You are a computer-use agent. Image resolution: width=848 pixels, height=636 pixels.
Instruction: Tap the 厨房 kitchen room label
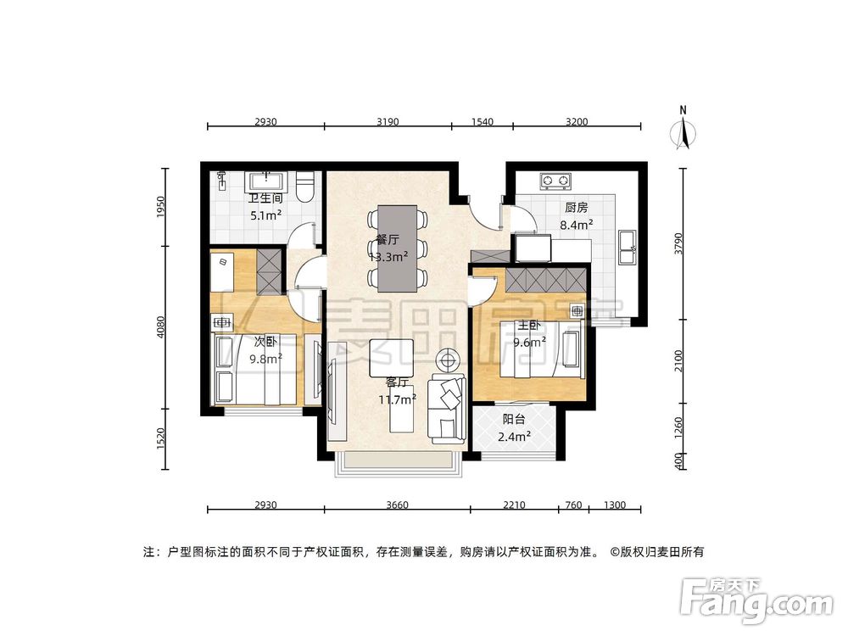577,208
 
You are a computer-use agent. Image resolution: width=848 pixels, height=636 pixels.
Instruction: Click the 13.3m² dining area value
385,257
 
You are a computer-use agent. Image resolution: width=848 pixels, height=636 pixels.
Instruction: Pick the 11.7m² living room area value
397,399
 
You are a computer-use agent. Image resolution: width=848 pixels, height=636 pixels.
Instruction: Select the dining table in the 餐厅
396,247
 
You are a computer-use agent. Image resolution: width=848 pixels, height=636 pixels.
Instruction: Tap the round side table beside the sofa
446,360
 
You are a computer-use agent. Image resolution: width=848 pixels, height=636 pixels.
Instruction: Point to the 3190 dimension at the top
387,121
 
